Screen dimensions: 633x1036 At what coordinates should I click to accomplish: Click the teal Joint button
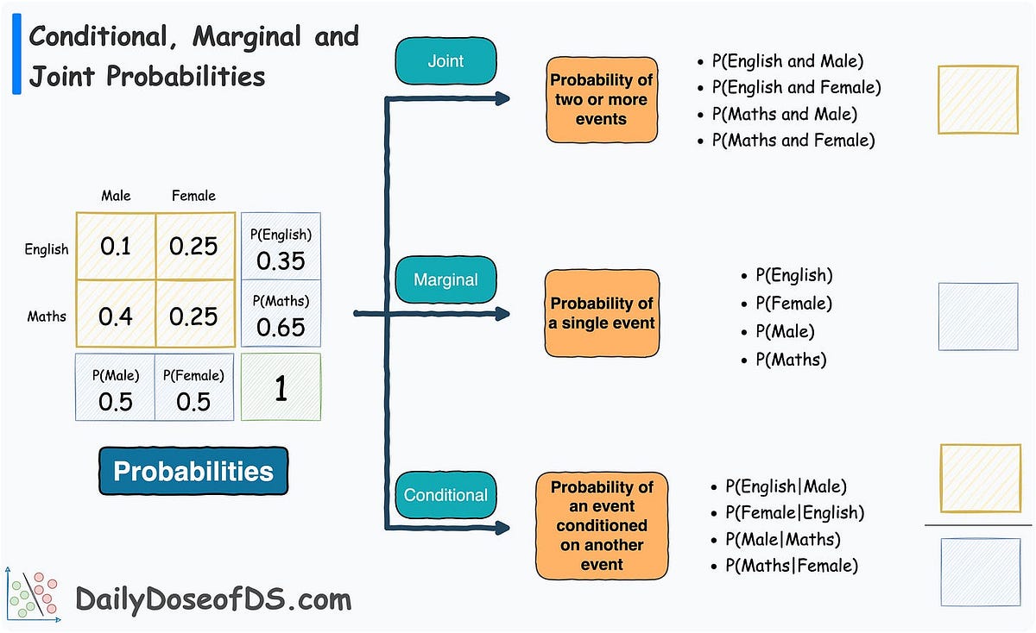coord(445,61)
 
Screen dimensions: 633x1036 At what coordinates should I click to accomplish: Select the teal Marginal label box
coord(446,279)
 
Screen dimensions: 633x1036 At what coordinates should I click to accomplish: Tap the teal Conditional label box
coord(445,495)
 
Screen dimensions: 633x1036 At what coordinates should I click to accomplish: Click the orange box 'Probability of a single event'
coord(602,313)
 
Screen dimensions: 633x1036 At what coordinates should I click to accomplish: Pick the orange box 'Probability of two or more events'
coord(601,99)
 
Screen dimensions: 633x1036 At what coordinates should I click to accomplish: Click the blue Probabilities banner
coord(193,471)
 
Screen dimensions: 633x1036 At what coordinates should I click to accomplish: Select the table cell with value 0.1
coord(116,248)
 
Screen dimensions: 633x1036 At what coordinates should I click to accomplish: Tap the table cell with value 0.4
coord(116,316)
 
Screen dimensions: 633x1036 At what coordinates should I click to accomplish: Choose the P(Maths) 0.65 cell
coord(281,316)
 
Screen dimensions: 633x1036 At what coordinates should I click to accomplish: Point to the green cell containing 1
coord(281,388)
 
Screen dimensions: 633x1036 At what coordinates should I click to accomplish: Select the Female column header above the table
coord(193,196)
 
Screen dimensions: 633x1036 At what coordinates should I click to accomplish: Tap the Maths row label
coord(47,316)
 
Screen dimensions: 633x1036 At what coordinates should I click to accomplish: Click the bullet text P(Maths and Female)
coord(793,140)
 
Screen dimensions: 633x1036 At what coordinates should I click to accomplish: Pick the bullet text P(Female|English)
coord(794,513)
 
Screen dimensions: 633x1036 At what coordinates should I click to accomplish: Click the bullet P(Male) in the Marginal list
coord(785,331)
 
